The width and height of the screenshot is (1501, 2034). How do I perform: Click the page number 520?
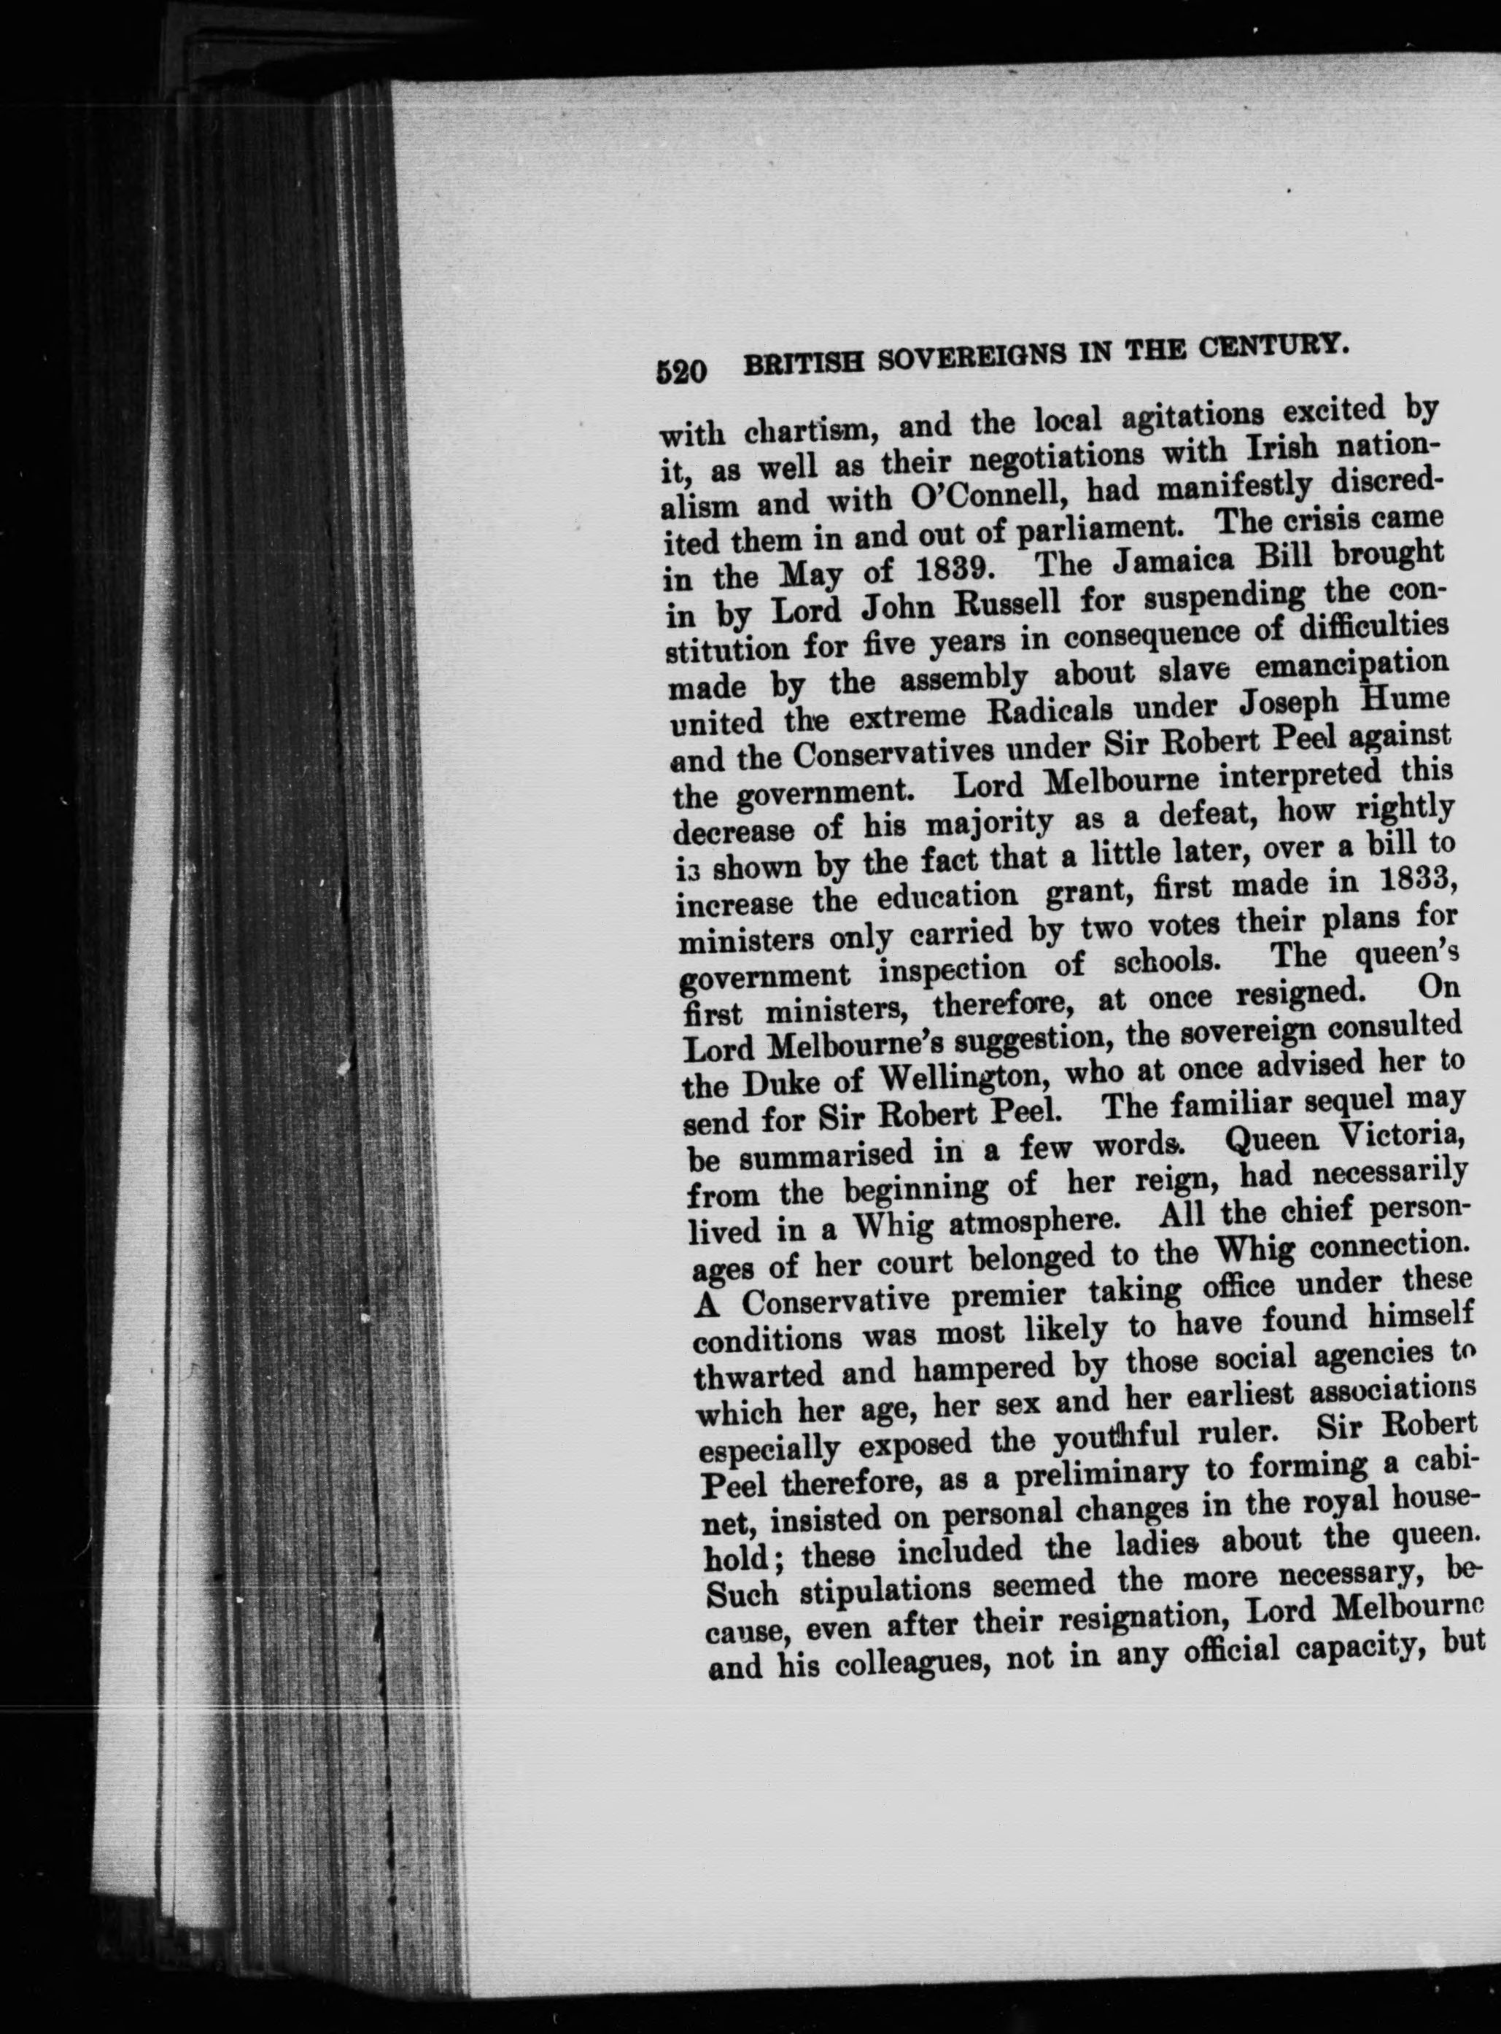tap(680, 370)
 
